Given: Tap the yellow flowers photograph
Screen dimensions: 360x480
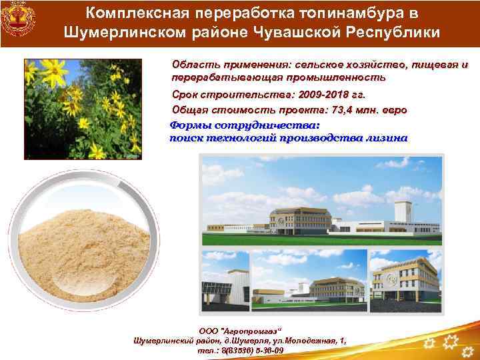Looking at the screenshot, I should coord(83,109).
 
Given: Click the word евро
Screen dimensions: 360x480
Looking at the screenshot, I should coord(393,110).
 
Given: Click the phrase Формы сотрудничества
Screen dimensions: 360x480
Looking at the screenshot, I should coord(245,125).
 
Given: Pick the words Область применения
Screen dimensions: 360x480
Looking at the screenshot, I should coord(217,65).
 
